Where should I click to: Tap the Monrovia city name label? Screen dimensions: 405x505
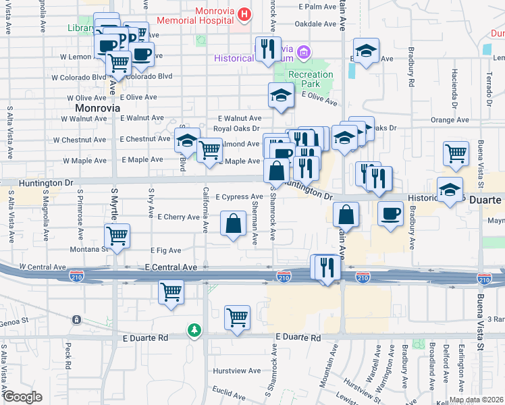97,108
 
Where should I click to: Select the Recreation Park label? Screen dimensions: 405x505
311,79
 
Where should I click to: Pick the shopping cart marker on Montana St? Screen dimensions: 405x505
117,236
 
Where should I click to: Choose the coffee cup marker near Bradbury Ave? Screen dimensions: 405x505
390,213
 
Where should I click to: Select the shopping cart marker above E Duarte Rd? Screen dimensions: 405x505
237,317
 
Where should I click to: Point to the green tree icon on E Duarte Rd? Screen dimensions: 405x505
194,329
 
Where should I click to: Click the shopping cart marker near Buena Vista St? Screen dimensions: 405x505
456,153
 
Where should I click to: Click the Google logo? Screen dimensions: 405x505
22,397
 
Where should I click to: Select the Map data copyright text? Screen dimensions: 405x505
476,400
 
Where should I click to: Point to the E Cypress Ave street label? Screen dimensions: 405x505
239,197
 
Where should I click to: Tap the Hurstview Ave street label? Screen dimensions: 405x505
237,371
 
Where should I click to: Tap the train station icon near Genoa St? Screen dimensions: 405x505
76,319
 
